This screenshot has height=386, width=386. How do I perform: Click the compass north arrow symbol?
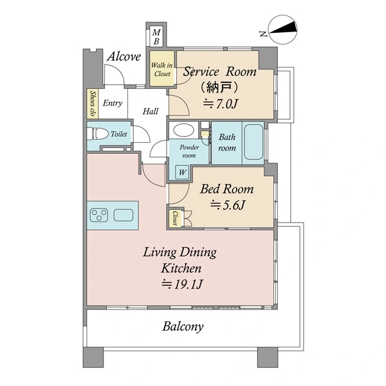coord(282,29)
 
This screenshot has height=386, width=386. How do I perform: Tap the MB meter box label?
coord(156,37)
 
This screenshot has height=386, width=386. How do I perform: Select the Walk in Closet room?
coord(162,68)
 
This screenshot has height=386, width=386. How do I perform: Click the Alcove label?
coord(124,57)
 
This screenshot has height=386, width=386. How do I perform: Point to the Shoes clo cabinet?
coord(93,104)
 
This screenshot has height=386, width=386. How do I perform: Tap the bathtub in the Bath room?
coord(253,142)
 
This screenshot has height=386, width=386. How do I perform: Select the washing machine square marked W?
coord(182,172)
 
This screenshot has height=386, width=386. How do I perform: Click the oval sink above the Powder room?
coord(183,130)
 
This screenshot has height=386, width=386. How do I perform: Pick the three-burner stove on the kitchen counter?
coord(99,215)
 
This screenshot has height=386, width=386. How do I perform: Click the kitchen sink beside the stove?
coord(124,215)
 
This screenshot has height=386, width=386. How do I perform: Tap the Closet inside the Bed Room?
coord(176,217)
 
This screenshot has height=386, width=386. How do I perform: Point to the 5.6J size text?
coord(228,205)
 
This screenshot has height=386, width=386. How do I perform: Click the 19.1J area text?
coord(182,284)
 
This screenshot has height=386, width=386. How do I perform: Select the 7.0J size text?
coord(220,104)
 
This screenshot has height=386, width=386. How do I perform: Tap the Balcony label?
coord(183,327)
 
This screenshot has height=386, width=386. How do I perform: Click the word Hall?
coord(151,111)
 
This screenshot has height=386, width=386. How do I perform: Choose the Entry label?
coord(113,103)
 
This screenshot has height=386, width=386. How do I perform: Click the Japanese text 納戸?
coord(219,87)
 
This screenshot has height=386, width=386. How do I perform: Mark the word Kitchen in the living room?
coord(181,268)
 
